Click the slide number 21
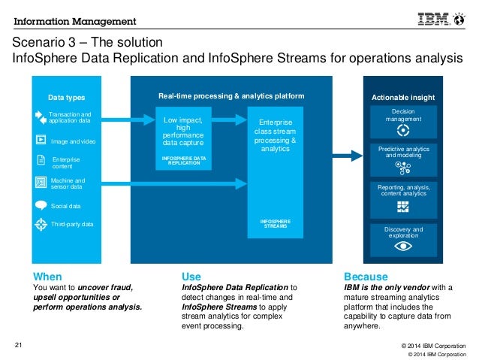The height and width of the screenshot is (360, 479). coord(20,345)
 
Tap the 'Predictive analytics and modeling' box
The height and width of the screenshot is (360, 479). coord(403,159)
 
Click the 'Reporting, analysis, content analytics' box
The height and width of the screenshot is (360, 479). coord(403,198)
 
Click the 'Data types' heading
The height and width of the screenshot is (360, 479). coord(66,98)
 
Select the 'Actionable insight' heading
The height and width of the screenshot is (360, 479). coord(403,98)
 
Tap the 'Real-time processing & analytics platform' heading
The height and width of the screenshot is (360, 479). coord(231,96)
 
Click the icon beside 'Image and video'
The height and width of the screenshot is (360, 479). coord(40,139)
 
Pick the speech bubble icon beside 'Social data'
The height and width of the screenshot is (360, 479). coord(41,204)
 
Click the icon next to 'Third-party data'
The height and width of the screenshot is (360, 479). coord(41,223)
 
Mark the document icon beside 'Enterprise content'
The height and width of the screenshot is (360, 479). coord(41,160)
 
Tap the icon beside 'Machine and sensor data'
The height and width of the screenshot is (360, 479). coord(41,183)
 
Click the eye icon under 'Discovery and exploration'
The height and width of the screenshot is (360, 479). coord(403,246)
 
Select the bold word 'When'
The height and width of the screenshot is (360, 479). coord(47,276)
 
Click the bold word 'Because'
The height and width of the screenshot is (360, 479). coord(366,276)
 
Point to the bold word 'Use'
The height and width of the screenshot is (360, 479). coord(191,276)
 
